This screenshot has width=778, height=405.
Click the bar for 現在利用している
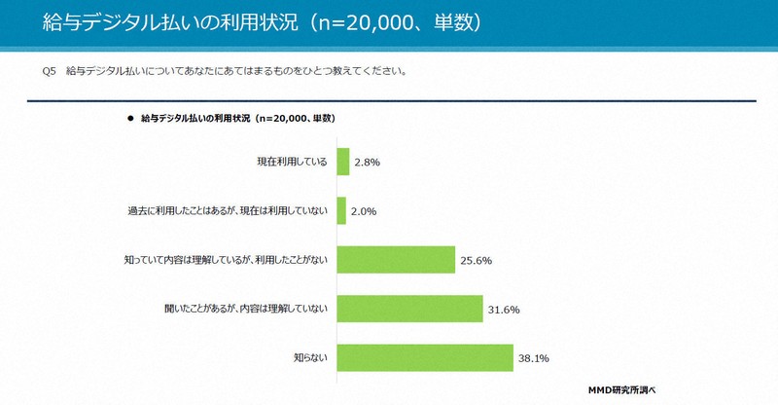click(x=342, y=162)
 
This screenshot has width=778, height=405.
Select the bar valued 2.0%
click(x=340, y=210)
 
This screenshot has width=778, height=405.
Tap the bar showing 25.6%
click(x=396, y=260)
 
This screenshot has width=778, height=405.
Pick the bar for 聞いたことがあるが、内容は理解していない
click(x=409, y=309)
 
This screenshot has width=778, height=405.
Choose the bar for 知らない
click(x=424, y=357)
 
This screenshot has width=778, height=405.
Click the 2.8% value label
click(x=366, y=163)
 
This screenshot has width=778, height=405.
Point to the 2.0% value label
click(x=364, y=211)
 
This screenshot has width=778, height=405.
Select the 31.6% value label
click(x=504, y=310)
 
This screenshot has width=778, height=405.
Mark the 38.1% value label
click(x=533, y=358)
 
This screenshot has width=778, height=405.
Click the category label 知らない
click(x=313, y=358)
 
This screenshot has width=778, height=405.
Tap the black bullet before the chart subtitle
click(x=130, y=119)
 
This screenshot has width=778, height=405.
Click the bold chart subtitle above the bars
click(x=238, y=119)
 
